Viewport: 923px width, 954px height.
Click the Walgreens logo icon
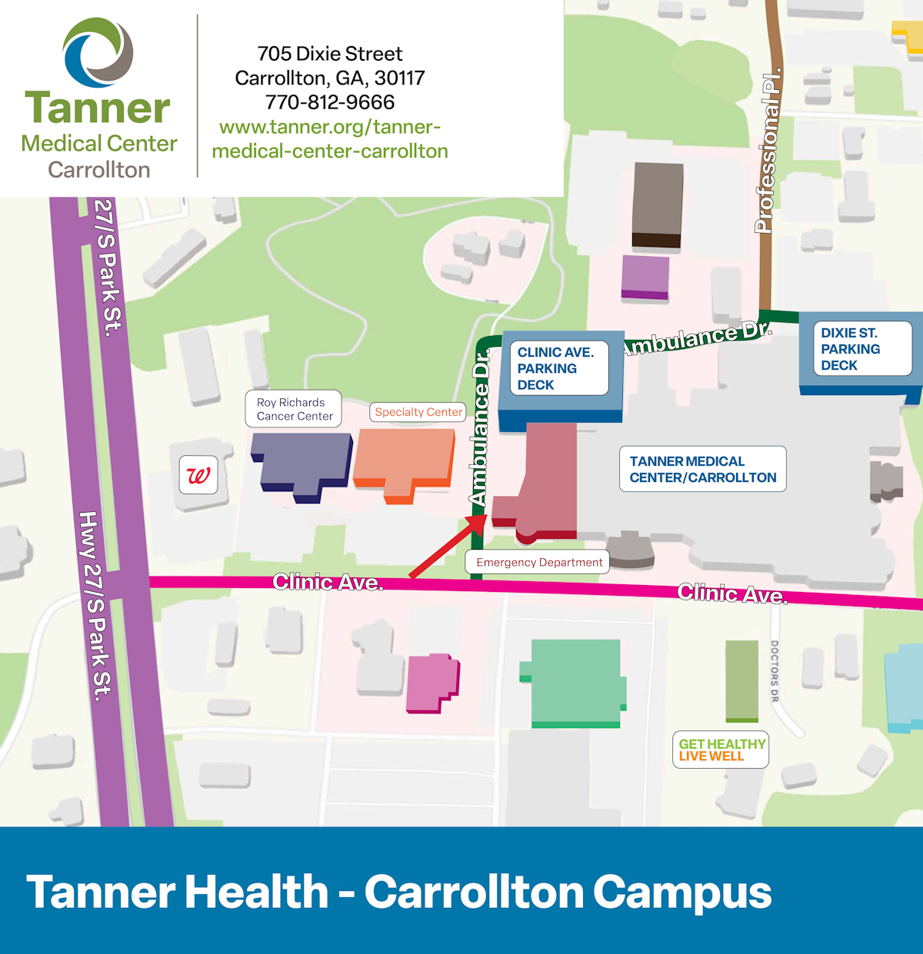198,475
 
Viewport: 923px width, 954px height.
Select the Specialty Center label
418,412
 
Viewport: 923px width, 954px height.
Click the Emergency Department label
538,562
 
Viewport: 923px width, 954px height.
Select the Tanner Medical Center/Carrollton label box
702,469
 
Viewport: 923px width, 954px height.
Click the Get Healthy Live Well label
721,750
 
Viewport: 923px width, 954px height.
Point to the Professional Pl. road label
768,151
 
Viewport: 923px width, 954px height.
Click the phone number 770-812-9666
330,102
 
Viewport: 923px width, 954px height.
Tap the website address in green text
330,139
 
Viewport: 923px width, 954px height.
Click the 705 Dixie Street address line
330,54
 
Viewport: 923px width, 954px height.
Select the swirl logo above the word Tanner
98,52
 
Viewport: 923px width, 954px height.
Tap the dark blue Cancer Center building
302,463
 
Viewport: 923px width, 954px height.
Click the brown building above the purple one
657,203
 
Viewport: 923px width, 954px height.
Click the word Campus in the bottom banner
682,892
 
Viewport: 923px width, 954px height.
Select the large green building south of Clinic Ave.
575,681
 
